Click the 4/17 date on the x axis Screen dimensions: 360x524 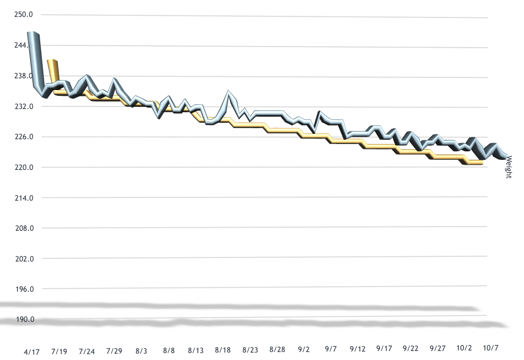pyautogui.click(x=31, y=351)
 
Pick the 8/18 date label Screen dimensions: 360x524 pyautogui.click(x=223, y=350)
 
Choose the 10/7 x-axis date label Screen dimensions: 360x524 pyautogui.click(x=491, y=348)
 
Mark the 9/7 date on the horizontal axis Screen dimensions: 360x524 pyautogui.click(x=330, y=349)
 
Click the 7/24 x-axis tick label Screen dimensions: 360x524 pyautogui.click(x=87, y=351)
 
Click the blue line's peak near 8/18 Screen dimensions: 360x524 pyautogui.click(x=229, y=92)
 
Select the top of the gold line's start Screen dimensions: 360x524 pyautogui.click(x=51, y=61)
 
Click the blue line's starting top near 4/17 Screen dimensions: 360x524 pyautogui.click(x=32, y=33)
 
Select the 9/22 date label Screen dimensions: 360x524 pyautogui.click(x=411, y=349)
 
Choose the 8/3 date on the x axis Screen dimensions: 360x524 pyautogui.click(x=141, y=350)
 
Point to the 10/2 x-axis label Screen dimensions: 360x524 pyautogui.click(x=464, y=348)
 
